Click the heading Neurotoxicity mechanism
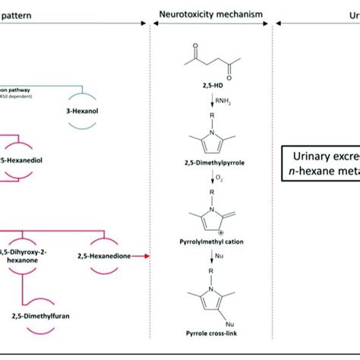pyautogui.click(x=210, y=14)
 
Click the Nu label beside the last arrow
pyautogui.click(x=219, y=267)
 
